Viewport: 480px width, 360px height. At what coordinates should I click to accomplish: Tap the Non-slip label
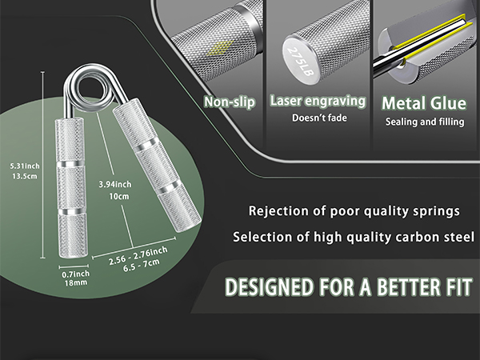[x=230, y=102]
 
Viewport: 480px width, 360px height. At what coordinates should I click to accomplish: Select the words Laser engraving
[x=318, y=101]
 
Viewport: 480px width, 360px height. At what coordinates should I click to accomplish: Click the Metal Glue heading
[x=424, y=103]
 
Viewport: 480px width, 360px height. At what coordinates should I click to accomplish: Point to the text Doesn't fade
[x=319, y=118]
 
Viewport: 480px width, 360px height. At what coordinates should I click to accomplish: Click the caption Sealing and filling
[x=425, y=122]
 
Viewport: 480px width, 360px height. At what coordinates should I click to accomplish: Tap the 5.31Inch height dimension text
[x=25, y=166]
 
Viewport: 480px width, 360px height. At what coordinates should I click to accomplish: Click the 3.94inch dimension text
[x=115, y=185]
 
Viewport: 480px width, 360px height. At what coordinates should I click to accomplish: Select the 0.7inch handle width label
[x=76, y=274]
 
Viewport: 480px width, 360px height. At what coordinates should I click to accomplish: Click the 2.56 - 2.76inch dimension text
[x=138, y=256]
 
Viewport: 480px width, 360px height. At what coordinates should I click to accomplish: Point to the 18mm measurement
[x=76, y=283]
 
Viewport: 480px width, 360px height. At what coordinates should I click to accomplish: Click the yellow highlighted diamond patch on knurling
[x=219, y=47]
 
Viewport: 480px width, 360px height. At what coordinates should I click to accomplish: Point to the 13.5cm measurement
[x=25, y=176]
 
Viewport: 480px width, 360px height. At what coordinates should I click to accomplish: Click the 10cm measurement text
[x=119, y=197]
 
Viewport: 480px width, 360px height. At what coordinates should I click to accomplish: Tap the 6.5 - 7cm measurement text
[x=142, y=266]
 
